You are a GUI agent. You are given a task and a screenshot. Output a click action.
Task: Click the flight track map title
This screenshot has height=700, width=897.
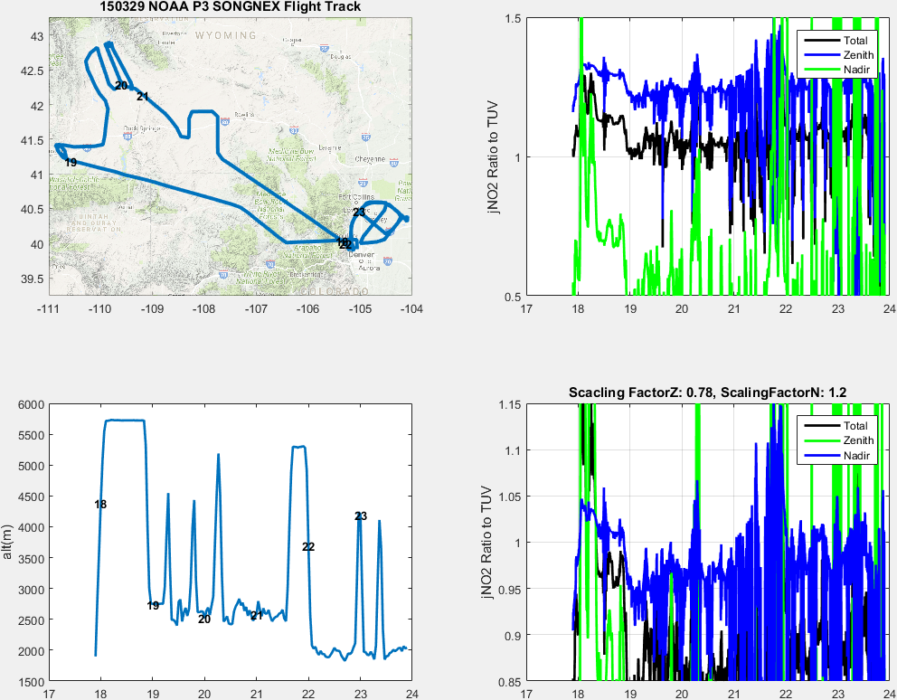coord(230,7)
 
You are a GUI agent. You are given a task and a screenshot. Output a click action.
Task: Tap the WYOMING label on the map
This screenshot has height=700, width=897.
coord(225,35)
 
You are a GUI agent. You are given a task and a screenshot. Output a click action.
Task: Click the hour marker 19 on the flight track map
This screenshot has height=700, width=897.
coord(71,163)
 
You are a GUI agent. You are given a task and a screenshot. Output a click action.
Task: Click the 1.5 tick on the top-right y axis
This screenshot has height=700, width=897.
coord(513,19)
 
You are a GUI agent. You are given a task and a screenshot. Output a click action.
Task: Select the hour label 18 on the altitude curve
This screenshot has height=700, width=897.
coord(100,505)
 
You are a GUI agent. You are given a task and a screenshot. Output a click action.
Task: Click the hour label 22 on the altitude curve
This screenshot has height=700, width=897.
coord(308,547)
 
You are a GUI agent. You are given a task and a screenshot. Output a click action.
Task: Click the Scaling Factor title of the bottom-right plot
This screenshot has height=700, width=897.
coord(707,393)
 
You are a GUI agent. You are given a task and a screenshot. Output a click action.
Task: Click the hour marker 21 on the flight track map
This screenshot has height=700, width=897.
coord(142,96)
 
